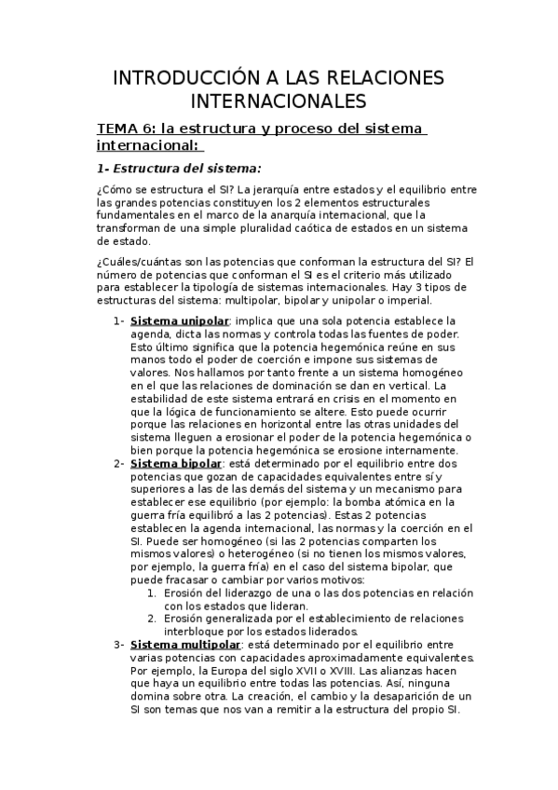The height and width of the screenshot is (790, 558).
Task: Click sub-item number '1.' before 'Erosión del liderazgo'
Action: [153, 592]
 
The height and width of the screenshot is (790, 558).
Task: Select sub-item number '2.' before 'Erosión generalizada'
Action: [153, 619]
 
